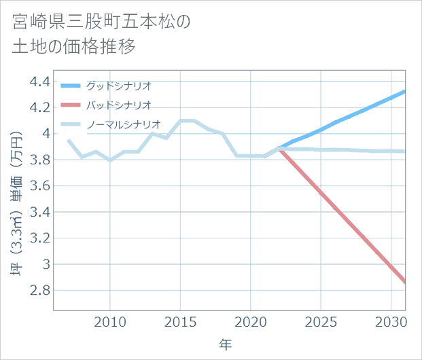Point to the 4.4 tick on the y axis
40,82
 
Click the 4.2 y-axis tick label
40,107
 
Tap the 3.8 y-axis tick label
40,160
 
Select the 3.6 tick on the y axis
40,185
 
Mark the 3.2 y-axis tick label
40,238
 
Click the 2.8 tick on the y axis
40,290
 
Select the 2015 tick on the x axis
181,321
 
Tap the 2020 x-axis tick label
251,321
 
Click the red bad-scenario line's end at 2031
405,282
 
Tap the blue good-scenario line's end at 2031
405,91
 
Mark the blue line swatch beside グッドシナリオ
71,86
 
